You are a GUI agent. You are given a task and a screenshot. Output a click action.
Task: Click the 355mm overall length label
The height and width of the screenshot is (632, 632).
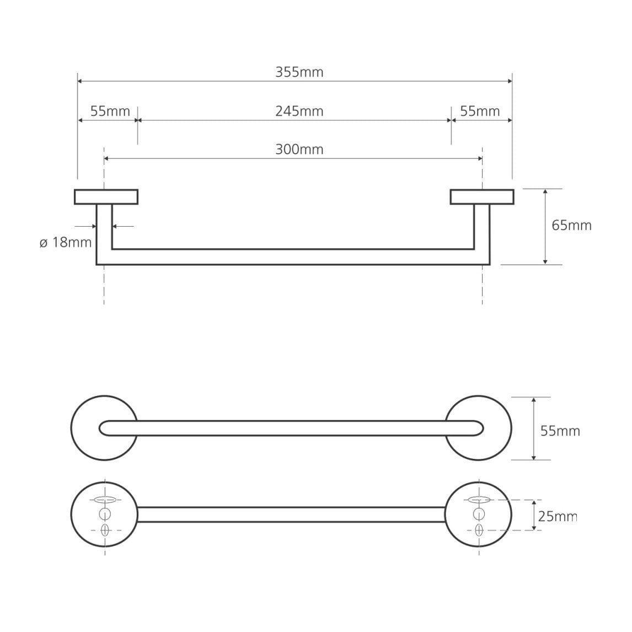coord(299,72)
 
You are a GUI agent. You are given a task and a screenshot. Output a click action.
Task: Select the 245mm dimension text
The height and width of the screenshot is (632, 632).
coord(299,111)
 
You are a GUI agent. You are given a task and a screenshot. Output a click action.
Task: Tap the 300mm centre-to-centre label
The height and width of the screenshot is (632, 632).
coord(299,149)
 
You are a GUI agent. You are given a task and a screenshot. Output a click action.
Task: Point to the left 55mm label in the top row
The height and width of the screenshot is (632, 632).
coord(110,111)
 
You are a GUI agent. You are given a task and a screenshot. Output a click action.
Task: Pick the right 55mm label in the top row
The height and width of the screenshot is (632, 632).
coord(480,111)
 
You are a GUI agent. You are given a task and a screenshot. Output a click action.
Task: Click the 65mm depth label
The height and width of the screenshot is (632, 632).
coord(571,226)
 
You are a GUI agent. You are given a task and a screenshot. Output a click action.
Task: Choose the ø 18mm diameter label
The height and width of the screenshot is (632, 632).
coord(66,242)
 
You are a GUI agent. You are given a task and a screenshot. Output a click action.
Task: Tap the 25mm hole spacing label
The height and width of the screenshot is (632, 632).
coord(558,516)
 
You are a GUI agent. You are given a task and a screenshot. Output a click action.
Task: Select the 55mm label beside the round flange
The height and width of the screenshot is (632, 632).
coord(560,431)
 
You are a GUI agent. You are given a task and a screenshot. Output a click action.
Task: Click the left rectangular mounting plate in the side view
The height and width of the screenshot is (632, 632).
coord(106,197)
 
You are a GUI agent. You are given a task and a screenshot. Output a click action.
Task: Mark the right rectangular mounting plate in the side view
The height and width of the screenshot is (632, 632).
coord(482,197)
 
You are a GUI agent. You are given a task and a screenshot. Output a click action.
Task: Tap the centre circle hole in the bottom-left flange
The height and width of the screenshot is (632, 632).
coord(105,514)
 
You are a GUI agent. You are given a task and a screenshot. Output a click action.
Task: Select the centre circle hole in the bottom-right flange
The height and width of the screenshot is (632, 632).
coord(479,514)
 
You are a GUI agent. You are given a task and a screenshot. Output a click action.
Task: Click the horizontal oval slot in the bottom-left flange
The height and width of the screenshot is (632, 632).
coord(105,500)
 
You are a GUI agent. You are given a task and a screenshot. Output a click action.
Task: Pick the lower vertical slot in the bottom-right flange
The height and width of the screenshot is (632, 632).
coord(479,530)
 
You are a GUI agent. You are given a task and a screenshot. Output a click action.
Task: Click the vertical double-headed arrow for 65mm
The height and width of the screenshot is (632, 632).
coord(545,227)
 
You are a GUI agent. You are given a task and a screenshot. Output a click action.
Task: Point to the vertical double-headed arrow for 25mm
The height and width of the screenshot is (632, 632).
coord(534,515)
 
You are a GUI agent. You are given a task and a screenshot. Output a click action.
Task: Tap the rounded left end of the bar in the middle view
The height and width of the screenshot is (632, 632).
coord(100,428)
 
